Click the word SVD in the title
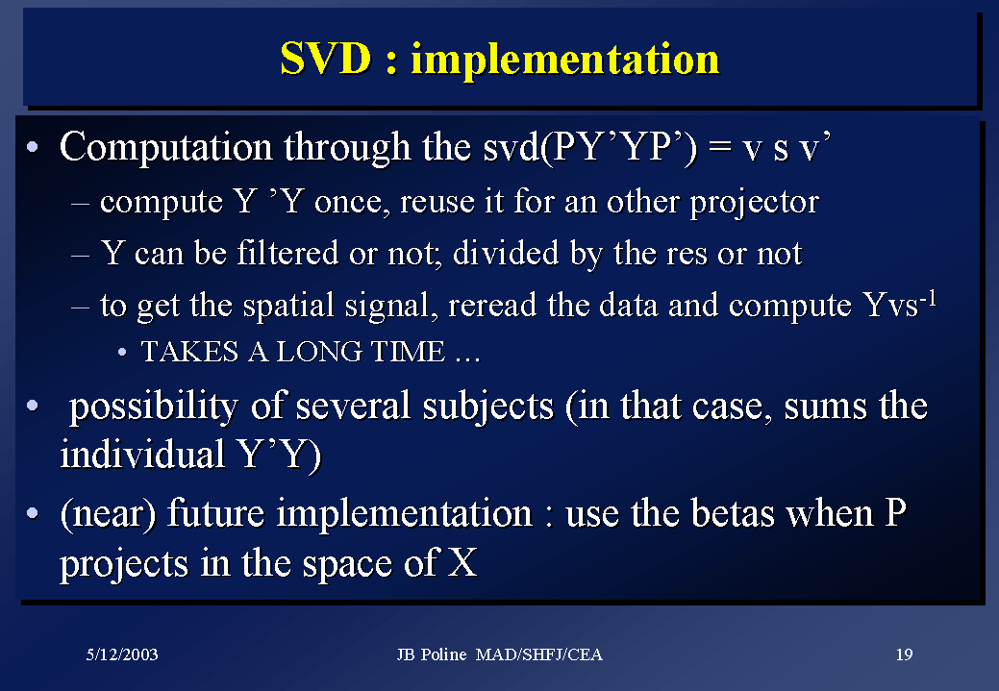click(x=326, y=59)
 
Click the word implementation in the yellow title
click(x=565, y=60)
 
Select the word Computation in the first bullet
click(x=166, y=148)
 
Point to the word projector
click(x=755, y=204)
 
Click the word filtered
click(x=287, y=253)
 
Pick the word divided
click(x=506, y=253)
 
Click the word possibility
click(x=154, y=407)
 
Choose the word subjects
click(x=488, y=407)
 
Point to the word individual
click(x=142, y=454)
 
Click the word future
click(x=215, y=513)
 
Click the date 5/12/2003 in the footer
click(x=122, y=654)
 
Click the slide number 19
click(x=904, y=654)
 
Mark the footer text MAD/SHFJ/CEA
click(x=539, y=654)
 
